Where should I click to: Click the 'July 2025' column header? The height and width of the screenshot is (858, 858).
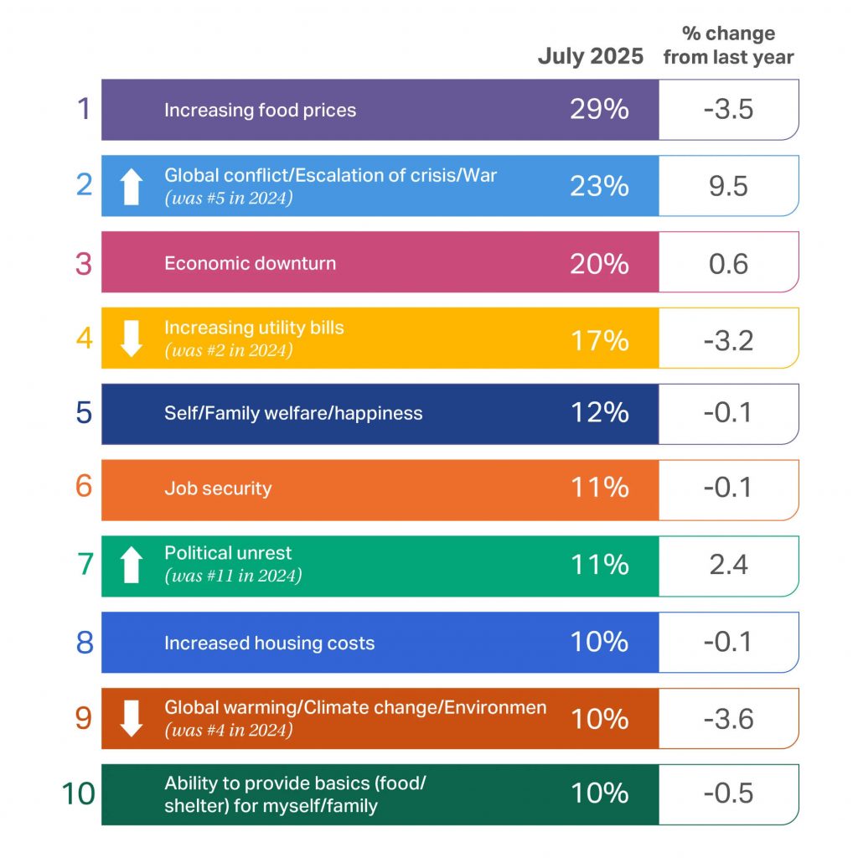point(591,56)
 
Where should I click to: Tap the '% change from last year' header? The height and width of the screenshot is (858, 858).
point(727,46)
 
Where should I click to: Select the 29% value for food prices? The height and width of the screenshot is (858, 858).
point(599,110)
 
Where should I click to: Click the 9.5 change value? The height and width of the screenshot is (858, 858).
point(728,186)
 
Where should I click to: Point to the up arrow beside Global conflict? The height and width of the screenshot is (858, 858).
point(131,186)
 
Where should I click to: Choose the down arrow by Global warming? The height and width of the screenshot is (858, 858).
point(131,719)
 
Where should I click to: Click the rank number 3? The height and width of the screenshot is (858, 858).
point(84,263)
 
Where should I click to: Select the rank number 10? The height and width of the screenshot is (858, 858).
point(79,794)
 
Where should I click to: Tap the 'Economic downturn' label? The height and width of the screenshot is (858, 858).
point(250,263)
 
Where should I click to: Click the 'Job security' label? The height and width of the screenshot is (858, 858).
point(218,488)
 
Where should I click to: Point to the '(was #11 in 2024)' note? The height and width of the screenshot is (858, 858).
point(233,576)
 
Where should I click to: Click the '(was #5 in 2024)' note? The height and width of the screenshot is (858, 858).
point(229,198)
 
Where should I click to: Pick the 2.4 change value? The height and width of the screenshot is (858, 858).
point(728,566)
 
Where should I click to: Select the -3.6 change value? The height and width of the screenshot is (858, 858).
point(728,719)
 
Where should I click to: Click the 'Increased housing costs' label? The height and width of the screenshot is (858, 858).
point(269,643)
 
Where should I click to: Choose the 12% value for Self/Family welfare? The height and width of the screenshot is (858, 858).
point(599,414)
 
